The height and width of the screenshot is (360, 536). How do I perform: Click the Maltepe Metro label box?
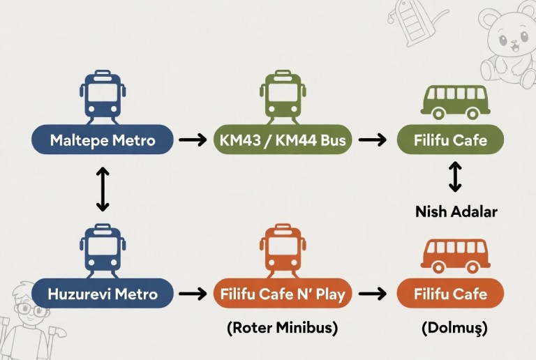(x=102, y=140)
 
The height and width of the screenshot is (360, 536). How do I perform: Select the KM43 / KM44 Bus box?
(x=283, y=140)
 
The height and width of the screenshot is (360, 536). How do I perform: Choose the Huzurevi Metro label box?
(x=102, y=293)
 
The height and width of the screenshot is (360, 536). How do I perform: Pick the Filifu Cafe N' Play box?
(x=283, y=293)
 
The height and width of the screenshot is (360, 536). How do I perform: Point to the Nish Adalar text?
(x=456, y=211)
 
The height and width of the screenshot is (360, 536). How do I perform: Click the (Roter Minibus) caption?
(x=282, y=329)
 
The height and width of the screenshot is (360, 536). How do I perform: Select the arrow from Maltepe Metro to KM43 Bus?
(x=193, y=140)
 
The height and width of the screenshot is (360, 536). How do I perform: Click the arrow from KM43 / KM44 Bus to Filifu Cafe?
(x=372, y=140)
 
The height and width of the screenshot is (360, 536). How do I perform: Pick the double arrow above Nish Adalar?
(x=455, y=177)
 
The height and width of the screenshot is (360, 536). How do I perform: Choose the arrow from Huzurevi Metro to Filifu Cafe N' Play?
(x=193, y=294)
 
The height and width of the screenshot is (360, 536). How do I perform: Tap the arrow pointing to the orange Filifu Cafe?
(x=372, y=294)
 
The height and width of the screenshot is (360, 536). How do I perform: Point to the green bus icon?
(x=454, y=102)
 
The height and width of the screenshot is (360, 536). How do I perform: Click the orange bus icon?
(x=454, y=255)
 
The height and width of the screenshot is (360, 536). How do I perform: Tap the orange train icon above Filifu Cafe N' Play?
(x=282, y=249)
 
